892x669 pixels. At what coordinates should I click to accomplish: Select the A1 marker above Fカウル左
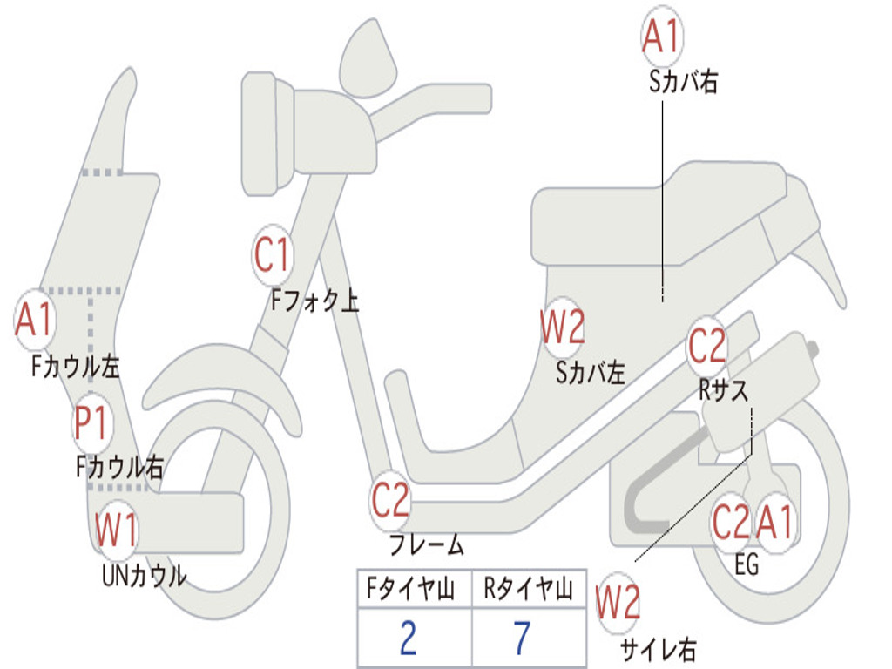(x=36, y=321)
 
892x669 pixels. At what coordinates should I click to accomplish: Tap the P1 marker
(x=91, y=424)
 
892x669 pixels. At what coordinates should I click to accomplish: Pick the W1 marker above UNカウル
(x=117, y=530)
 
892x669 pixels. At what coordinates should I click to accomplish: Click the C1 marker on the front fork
(x=273, y=256)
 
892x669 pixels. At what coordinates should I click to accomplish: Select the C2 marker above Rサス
(x=706, y=348)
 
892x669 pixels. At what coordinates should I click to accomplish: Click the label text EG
(x=747, y=564)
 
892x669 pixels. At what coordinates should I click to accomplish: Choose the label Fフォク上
(x=314, y=301)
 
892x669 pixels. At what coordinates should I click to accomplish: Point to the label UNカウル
(x=144, y=576)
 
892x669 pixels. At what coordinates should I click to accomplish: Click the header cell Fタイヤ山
(x=412, y=591)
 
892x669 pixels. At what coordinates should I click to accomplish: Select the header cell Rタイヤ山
(x=528, y=591)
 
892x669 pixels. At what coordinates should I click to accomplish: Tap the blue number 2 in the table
(x=409, y=639)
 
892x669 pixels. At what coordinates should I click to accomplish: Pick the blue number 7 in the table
(x=522, y=639)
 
